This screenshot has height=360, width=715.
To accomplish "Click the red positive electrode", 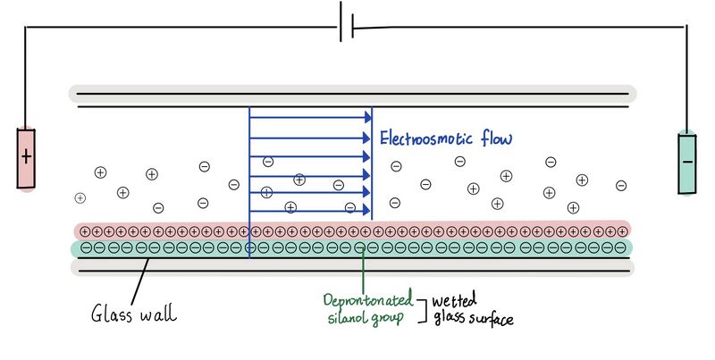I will click(26, 159).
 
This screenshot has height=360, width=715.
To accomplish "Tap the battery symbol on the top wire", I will click(346, 26).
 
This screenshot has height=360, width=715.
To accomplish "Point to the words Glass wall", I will click(133, 314).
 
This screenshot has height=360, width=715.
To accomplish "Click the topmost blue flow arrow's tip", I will click(368, 118).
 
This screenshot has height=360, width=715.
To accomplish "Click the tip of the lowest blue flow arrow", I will click(368, 211).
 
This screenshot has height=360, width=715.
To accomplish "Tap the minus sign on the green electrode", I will click(687, 162).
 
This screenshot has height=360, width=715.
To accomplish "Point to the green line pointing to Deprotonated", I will click(361, 268).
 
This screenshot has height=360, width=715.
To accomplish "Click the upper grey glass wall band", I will click(352, 92).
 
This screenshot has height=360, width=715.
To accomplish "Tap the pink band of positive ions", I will click(352, 230).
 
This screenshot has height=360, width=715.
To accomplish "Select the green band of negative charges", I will click(352, 247).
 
